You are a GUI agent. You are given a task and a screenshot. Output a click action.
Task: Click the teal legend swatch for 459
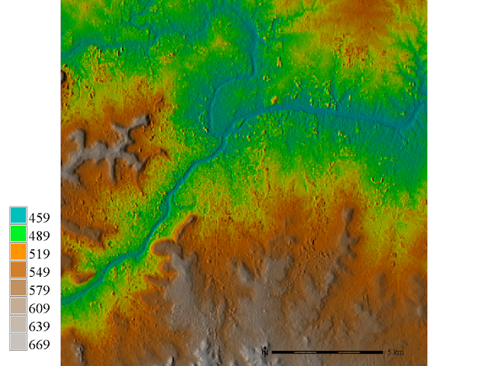point(18,217)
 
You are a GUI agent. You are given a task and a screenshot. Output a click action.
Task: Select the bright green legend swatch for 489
point(18,235)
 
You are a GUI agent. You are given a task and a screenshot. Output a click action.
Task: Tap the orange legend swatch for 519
point(18,253)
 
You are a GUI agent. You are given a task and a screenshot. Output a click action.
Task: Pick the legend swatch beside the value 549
point(18,271)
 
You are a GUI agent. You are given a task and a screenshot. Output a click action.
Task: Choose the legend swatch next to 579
point(18,290)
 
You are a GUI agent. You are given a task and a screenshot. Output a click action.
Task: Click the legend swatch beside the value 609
point(18,308)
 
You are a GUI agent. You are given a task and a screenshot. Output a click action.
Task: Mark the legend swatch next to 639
point(18,326)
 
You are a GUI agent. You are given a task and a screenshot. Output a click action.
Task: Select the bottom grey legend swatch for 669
point(18,344)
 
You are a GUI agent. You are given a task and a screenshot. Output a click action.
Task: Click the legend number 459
point(39,217)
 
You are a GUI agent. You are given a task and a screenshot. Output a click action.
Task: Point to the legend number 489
point(39,236)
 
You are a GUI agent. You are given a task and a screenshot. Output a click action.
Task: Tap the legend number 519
point(39,254)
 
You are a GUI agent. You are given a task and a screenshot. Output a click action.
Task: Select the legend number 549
point(39,272)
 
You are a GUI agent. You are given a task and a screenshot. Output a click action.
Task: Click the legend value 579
point(39,291)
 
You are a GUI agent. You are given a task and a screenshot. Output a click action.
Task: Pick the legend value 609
point(39,309)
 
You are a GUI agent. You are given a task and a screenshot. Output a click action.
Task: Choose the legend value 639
point(39,327)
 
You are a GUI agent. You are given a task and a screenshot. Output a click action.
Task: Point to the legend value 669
point(39,345)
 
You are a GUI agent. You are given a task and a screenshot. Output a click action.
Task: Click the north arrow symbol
point(264,352)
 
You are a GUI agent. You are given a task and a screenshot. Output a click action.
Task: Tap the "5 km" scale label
point(395,352)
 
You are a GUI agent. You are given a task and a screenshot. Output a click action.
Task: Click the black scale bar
point(327,352)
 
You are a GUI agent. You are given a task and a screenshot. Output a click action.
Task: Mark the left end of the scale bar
point(272,352)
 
